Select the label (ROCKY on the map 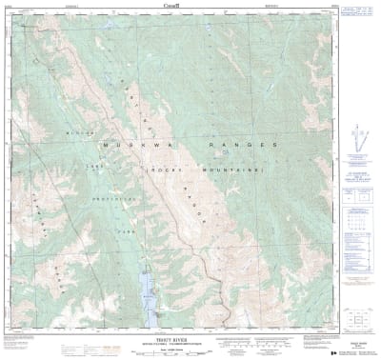pos(158,168)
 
